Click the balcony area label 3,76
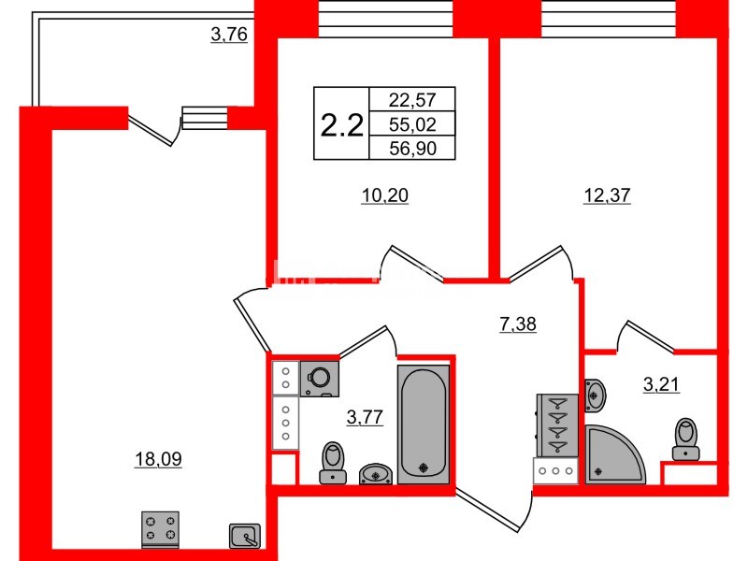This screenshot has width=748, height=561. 229,36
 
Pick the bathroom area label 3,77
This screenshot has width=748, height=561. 365,418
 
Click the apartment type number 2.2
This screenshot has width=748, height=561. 341,125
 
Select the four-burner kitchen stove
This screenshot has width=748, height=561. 160,529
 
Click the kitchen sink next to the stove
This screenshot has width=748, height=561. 244,535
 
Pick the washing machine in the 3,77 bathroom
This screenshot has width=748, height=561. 319,377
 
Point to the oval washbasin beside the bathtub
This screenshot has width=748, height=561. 376,473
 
